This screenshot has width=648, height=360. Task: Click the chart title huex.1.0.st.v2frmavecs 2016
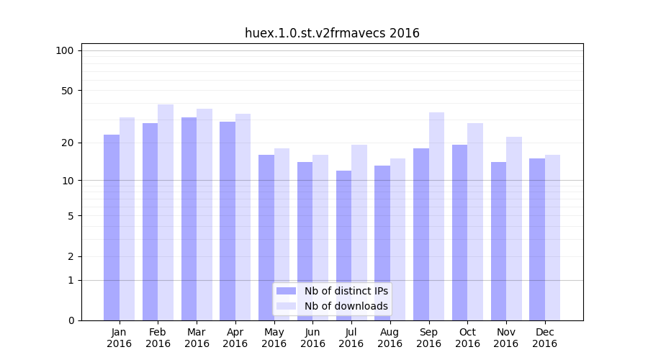click(332, 33)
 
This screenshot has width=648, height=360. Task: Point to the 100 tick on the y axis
click(65, 50)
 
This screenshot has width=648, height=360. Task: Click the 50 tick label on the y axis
click(68, 91)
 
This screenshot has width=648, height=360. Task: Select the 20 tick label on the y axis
click(68, 143)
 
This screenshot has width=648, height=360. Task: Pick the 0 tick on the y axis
click(71, 320)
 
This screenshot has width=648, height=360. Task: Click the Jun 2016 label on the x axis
click(312, 338)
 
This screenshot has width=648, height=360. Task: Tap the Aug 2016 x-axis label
click(390, 338)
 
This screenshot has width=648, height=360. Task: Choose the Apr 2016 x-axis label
click(235, 338)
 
